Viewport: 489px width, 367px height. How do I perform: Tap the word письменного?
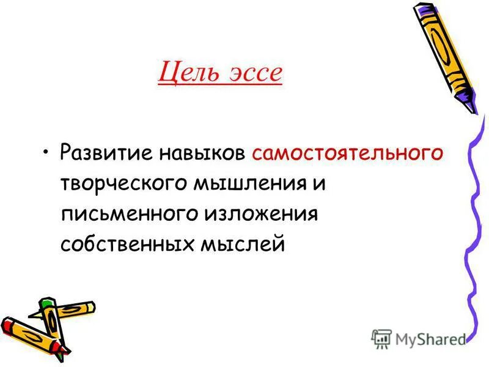click(x=128, y=213)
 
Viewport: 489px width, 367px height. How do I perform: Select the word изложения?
click(x=263, y=213)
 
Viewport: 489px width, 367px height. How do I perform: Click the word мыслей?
click(x=242, y=244)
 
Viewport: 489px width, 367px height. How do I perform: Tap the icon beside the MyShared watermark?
click(x=381, y=338)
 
